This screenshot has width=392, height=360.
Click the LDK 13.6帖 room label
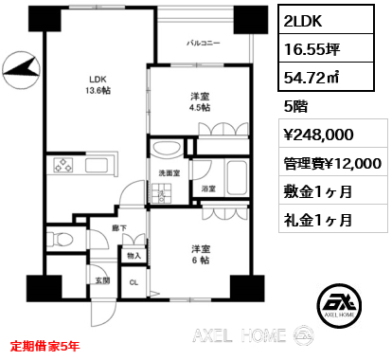[x=98, y=84]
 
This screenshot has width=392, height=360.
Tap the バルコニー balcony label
[x=203, y=43]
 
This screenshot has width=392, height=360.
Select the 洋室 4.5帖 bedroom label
[x=200, y=101]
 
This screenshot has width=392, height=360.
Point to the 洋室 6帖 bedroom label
[x=201, y=255]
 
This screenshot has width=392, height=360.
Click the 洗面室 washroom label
[x=169, y=172]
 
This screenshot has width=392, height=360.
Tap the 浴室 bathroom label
[x=208, y=189]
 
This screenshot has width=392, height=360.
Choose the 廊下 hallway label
[x=119, y=228]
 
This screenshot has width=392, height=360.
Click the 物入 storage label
[x=134, y=256]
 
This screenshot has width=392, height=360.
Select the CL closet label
[x=134, y=282]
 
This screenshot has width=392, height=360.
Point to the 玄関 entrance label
[x=102, y=280]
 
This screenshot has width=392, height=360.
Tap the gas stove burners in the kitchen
[x=63, y=165]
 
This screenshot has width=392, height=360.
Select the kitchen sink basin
[x=97, y=165]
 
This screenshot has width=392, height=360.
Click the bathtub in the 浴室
[x=237, y=178]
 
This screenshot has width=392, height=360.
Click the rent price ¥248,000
[x=319, y=135]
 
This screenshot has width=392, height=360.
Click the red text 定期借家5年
[x=45, y=346]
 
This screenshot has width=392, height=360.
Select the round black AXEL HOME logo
[x=339, y=306]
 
